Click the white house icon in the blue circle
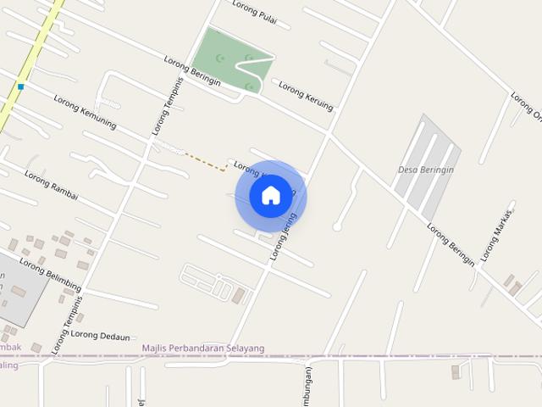pos(270,196)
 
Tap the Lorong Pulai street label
pos(255,14)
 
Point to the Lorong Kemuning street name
pos(85,111)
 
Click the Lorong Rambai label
pos(51,185)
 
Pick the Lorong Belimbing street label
pos(50,273)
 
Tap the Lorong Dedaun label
pos(100,335)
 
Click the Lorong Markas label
pos(498,235)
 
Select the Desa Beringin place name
pos(426,170)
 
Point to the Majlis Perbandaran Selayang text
pos(203,348)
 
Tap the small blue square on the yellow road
pos(20,86)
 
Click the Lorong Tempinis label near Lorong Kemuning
pos(168,107)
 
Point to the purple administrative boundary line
pos(381,356)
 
